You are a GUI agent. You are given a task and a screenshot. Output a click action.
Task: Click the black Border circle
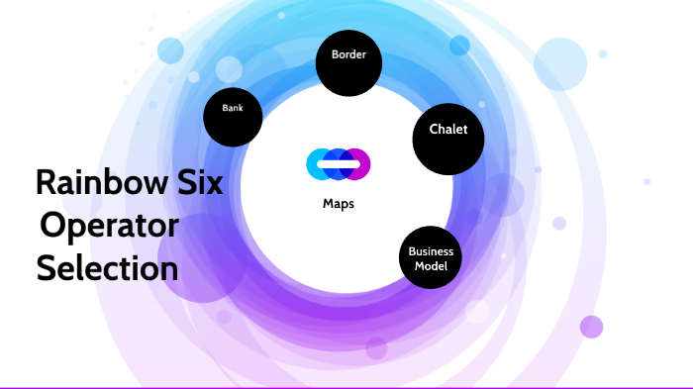348,62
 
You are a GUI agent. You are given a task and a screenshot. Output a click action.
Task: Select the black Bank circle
233,118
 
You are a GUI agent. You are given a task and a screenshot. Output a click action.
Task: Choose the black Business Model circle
431,258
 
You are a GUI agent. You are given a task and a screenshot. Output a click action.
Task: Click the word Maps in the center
339,204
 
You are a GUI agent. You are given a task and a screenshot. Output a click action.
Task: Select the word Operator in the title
108,226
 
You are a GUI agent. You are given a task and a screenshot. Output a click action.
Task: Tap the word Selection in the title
108,268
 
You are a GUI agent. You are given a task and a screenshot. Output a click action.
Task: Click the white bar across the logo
338,164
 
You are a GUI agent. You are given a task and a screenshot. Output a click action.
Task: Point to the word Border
348,55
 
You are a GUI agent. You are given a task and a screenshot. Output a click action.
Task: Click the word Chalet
447,130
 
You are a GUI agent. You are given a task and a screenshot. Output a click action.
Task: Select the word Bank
233,109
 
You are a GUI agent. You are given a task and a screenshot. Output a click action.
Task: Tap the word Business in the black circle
431,251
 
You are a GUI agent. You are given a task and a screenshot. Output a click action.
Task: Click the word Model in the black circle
431,266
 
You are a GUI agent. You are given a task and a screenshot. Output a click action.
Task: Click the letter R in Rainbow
46,183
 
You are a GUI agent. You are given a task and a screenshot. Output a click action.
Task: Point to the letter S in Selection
47,268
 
